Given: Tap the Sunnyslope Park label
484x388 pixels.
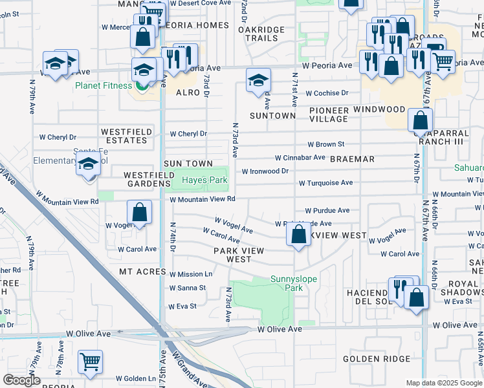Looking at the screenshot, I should [287, 284].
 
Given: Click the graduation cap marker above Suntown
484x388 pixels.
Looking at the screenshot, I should [258, 80].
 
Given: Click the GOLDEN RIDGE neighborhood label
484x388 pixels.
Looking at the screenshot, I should [377, 359].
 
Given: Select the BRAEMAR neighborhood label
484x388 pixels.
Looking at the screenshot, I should [352, 158].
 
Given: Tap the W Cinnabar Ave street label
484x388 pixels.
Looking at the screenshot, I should [300, 157].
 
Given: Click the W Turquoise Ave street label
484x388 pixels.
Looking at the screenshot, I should [325, 183].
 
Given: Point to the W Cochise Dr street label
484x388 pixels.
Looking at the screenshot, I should [327, 93].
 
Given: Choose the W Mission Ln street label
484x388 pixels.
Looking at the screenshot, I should [190, 274].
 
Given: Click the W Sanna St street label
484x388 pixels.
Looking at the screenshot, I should [187, 288].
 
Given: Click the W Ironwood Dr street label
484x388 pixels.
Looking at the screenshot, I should [265, 171].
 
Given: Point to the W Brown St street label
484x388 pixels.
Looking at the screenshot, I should [325, 144].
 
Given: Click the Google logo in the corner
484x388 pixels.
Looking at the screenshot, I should [21, 380].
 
